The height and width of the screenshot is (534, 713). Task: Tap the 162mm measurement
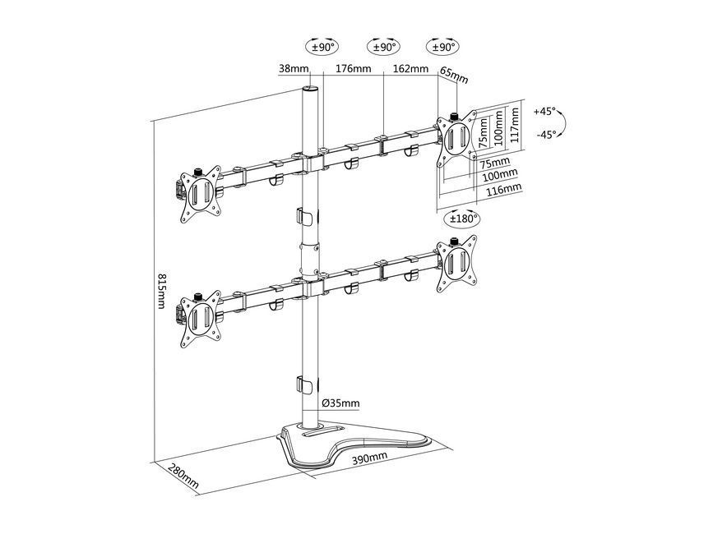[410, 70]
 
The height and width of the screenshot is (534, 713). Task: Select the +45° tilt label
[544, 110]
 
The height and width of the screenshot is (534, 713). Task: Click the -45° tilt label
[544, 134]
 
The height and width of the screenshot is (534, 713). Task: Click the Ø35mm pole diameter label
[340, 403]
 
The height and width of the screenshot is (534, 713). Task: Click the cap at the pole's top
[311, 89]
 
